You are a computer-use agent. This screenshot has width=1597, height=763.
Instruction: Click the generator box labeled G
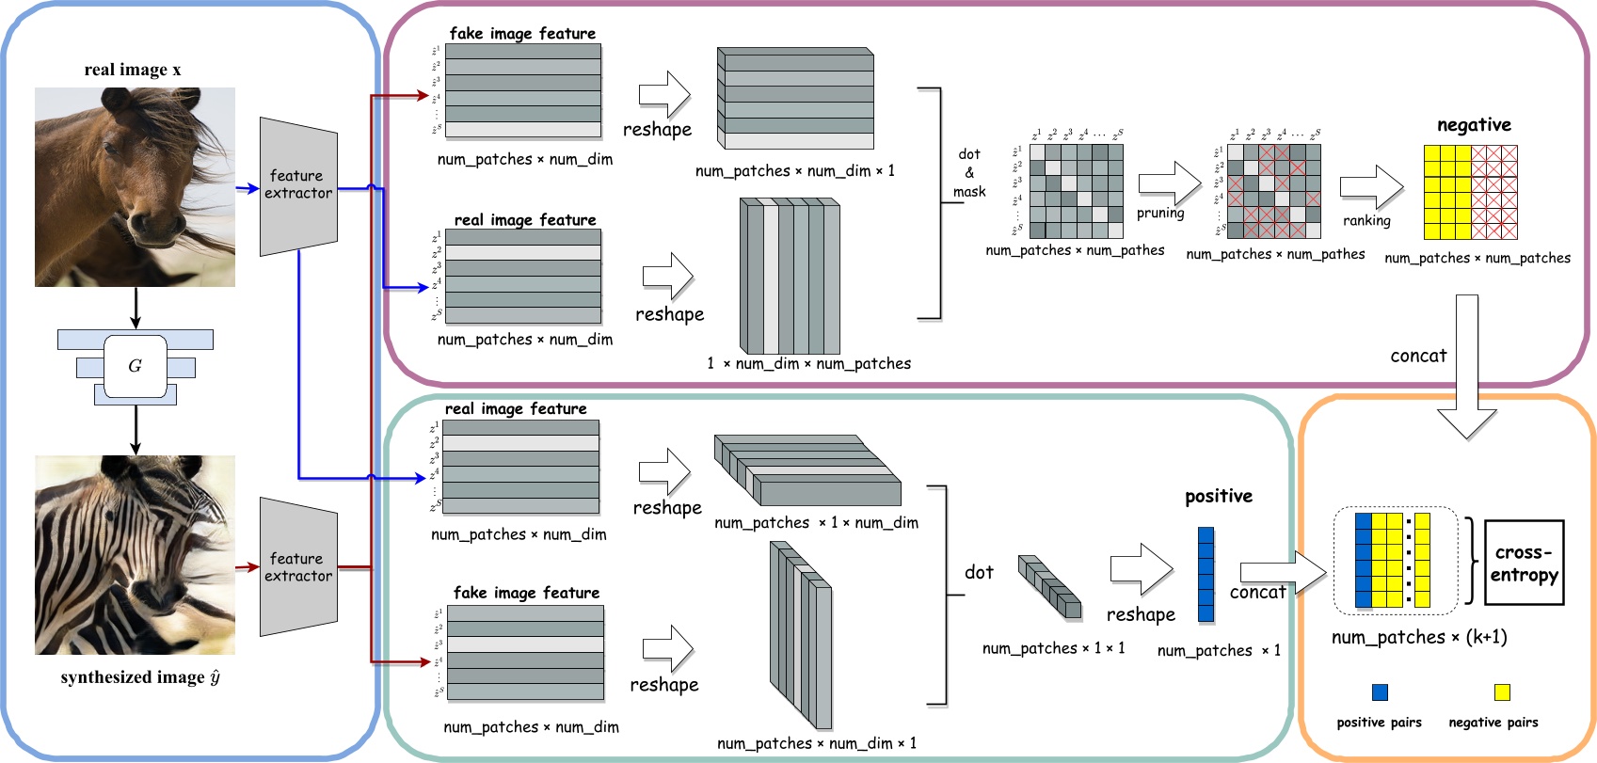coord(136,366)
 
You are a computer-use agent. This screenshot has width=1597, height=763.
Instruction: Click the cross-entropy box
coord(1524,564)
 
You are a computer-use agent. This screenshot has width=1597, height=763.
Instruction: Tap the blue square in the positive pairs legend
coord(1380,692)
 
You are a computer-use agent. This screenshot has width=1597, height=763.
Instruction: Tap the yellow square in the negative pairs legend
coord(1502,692)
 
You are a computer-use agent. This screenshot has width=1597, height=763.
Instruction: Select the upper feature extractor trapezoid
coord(298,185)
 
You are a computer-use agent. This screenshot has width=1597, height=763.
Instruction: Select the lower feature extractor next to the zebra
coord(298,567)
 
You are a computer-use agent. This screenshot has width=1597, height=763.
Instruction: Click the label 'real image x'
coord(133,70)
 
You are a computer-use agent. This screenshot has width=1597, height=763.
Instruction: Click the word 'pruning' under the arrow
coord(1160,214)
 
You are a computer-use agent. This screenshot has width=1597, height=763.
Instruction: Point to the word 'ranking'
coord(1366,221)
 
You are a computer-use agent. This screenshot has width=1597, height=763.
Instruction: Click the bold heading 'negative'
coord(1474,125)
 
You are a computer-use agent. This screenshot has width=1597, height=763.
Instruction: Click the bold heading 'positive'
coord(1219,497)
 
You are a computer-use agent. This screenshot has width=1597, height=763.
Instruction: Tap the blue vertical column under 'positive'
coord(1206,574)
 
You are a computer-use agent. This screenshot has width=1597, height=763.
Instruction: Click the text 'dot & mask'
coord(969,173)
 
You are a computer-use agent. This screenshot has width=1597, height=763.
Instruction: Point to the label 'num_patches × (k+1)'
coord(1419,638)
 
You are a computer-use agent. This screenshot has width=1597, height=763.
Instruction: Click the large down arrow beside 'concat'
coord(1466,367)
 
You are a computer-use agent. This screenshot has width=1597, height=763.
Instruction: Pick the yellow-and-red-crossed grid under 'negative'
coord(1470,192)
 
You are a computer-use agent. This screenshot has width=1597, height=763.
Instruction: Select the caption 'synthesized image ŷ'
coord(140,677)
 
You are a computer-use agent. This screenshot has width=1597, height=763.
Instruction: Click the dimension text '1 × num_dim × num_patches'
coord(808,364)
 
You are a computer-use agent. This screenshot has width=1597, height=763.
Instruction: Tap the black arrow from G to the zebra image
coord(136,429)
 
